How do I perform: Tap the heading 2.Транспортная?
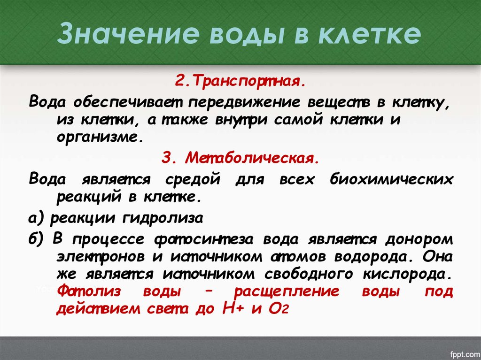click(x=240, y=82)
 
